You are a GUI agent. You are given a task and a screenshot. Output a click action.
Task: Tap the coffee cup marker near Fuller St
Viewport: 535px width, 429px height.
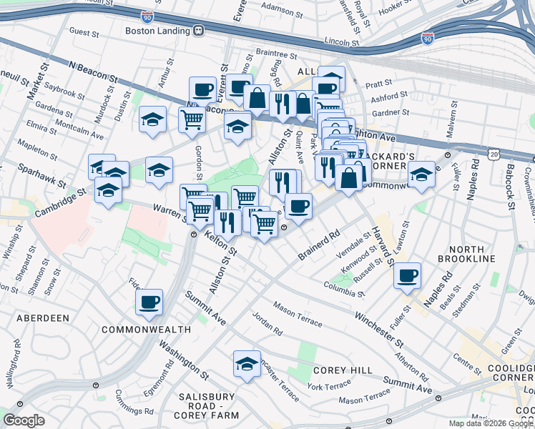[x=407, y=275]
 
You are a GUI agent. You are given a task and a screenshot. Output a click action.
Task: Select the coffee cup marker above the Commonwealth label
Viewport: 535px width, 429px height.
[x=149, y=302]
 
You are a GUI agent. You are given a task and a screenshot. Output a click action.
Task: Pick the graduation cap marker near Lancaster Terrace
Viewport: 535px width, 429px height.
[x=247, y=363]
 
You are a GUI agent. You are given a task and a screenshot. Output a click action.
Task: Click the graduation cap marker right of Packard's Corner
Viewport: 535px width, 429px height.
[x=421, y=175]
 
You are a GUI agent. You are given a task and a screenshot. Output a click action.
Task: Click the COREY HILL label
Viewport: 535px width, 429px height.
[x=343, y=370]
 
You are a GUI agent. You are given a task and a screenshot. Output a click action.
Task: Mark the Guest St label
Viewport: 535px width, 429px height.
[x=84, y=32]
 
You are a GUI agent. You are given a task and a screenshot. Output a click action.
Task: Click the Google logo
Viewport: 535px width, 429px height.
[x=24, y=420]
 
